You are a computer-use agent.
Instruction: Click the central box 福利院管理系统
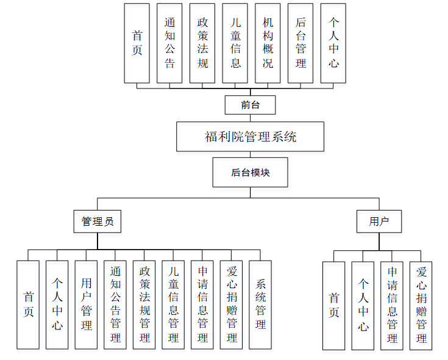(x=250, y=137)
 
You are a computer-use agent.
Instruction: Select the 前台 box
(x=250, y=105)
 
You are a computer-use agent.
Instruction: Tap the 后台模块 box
(x=250, y=172)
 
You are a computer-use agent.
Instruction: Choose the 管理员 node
(x=98, y=221)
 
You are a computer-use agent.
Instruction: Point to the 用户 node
(x=379, y=221)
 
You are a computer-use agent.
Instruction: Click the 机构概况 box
(x=268, y=43)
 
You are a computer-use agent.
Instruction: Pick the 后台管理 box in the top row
(x=301, y=43)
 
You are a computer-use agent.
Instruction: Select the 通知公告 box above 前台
(x=169, y=43)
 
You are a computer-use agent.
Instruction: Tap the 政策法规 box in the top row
(x=202, y=43)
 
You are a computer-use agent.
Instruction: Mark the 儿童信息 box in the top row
(x=235, y=43)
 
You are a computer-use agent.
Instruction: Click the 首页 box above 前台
(x=137, y=43)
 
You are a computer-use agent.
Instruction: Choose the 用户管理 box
(x=86, y=304)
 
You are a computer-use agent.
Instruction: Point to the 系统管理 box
(x=260, y=304)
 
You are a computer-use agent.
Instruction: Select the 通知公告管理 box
(x=115, y=304)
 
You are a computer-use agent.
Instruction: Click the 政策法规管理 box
(x=144, y=304)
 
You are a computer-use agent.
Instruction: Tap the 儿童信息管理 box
(x=173, y=304)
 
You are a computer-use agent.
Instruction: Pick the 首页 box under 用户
(x=334, y=306)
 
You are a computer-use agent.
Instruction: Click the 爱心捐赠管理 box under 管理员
(x=232, y=304)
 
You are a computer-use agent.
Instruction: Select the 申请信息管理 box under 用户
(x=392, y=306)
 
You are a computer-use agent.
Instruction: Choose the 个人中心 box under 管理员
(x=57, y=304)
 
